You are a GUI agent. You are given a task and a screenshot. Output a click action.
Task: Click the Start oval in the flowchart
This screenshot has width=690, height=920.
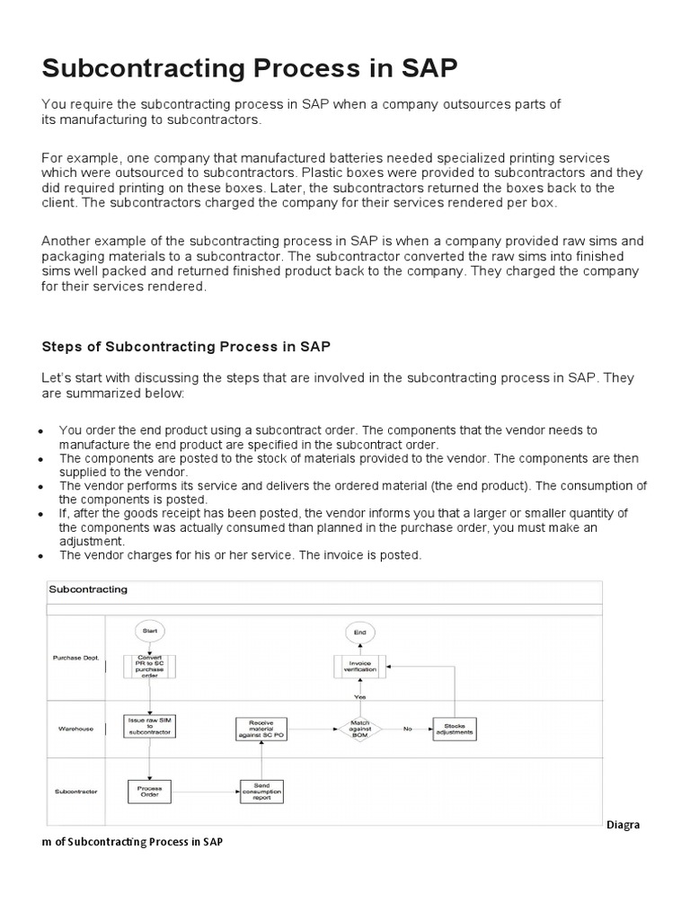pos(150,632)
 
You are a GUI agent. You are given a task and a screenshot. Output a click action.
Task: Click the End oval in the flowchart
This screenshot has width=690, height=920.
pos(358,632)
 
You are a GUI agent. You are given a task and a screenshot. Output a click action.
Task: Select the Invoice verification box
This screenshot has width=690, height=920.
pos(358,667)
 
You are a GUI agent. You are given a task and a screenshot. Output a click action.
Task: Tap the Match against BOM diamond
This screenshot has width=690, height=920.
pos(358,729)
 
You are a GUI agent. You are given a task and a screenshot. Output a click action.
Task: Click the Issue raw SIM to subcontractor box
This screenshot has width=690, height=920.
pos(150,725)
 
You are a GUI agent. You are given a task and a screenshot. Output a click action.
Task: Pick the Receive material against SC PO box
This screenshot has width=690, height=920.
pos(261,729)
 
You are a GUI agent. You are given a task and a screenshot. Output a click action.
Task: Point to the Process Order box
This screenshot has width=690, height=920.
pos(150,790)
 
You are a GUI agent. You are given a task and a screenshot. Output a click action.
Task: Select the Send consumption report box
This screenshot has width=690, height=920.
pos(261,791)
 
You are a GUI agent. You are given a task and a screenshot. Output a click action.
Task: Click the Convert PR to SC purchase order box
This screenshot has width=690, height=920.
pos(150,666)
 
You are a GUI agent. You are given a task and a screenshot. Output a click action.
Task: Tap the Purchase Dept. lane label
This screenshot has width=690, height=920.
pos(75,659)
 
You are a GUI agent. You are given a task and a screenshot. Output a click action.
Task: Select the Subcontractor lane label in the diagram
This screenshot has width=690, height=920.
pos(75,792)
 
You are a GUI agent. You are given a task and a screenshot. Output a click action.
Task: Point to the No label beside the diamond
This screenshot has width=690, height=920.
pos(407,729)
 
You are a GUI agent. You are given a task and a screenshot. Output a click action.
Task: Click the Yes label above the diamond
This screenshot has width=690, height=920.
pos(359,697)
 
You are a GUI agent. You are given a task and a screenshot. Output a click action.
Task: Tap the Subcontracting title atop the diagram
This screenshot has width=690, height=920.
pos(88,589)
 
